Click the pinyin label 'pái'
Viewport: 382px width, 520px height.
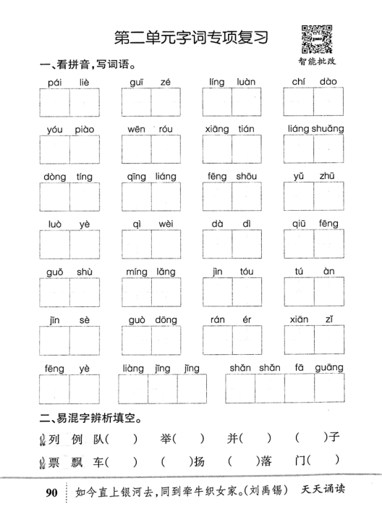tap(53, 83)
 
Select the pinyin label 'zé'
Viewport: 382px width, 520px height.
tap(165, 83)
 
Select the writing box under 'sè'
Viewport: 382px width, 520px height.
tap(85, 342)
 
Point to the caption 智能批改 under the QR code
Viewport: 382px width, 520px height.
tap(316, 63)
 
